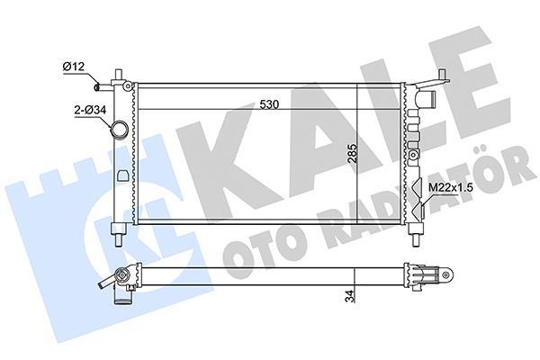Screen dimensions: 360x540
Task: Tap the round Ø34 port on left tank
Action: click(117, 132)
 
